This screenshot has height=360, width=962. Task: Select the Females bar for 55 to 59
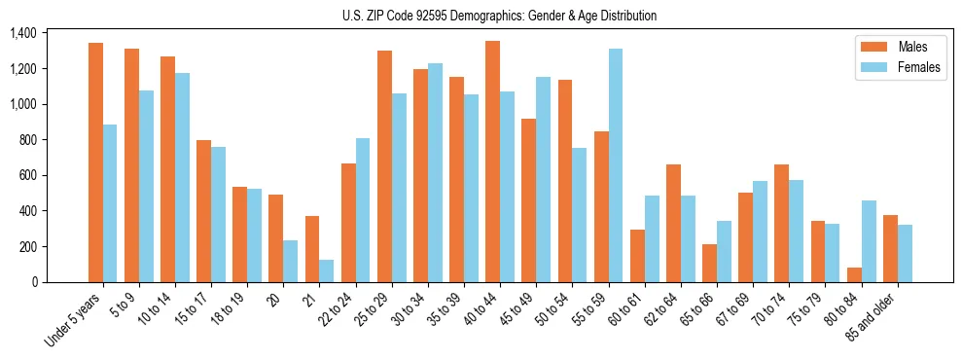pos(616,165)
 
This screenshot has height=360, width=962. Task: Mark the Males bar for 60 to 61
pos(637,256)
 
